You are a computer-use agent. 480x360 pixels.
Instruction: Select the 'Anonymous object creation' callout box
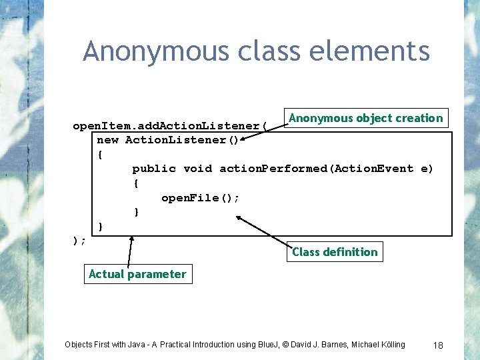[366, 119]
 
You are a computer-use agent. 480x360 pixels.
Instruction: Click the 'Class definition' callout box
[335, 252]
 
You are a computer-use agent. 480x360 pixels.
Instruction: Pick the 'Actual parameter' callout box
[138, 274]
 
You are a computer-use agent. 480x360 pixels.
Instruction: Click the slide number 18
[438, 345]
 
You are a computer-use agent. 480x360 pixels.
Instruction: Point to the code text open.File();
[200, 198]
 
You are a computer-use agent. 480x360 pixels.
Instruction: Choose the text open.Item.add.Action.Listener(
[170, 126]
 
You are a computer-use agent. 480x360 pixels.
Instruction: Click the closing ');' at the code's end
[79, 241]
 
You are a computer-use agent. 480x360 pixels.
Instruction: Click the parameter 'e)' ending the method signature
[427, 169]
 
